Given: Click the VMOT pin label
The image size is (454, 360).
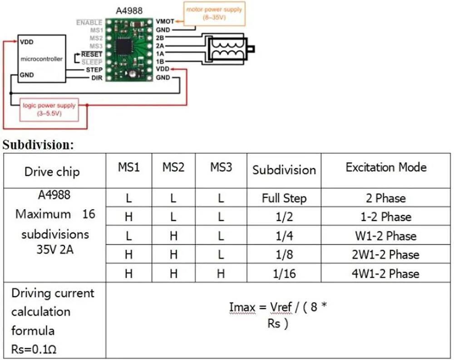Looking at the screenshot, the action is [165, 21].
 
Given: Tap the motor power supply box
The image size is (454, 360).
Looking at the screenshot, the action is [214, 14].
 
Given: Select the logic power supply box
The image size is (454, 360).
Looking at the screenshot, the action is [49, 110].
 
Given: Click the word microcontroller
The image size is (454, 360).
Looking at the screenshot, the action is [42, 59].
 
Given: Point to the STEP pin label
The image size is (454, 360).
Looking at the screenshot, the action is [94, 70].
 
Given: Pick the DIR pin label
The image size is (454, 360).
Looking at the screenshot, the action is [97, 78].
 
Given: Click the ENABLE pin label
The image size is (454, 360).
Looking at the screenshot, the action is [89, 23].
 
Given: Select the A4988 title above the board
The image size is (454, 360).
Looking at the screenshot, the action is [129, 11].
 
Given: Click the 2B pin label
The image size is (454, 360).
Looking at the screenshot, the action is [160, 38].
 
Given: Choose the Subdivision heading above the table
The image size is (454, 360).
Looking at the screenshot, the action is [38, 145].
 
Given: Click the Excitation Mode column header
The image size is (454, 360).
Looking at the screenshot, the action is [386, 167].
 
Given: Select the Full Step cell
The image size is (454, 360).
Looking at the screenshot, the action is [284, 198].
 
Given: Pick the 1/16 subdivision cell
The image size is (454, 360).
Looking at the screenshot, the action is [284, 274].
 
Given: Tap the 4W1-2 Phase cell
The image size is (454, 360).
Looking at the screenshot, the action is [385, 274].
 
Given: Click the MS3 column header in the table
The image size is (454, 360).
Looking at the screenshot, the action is [221, 167].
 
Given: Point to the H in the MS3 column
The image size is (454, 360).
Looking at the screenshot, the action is [221, 274].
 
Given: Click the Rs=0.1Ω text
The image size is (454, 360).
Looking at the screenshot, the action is [34, 349].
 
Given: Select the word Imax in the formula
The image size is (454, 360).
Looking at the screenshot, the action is [242, 307].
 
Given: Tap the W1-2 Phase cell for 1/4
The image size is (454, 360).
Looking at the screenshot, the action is [385, 236].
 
